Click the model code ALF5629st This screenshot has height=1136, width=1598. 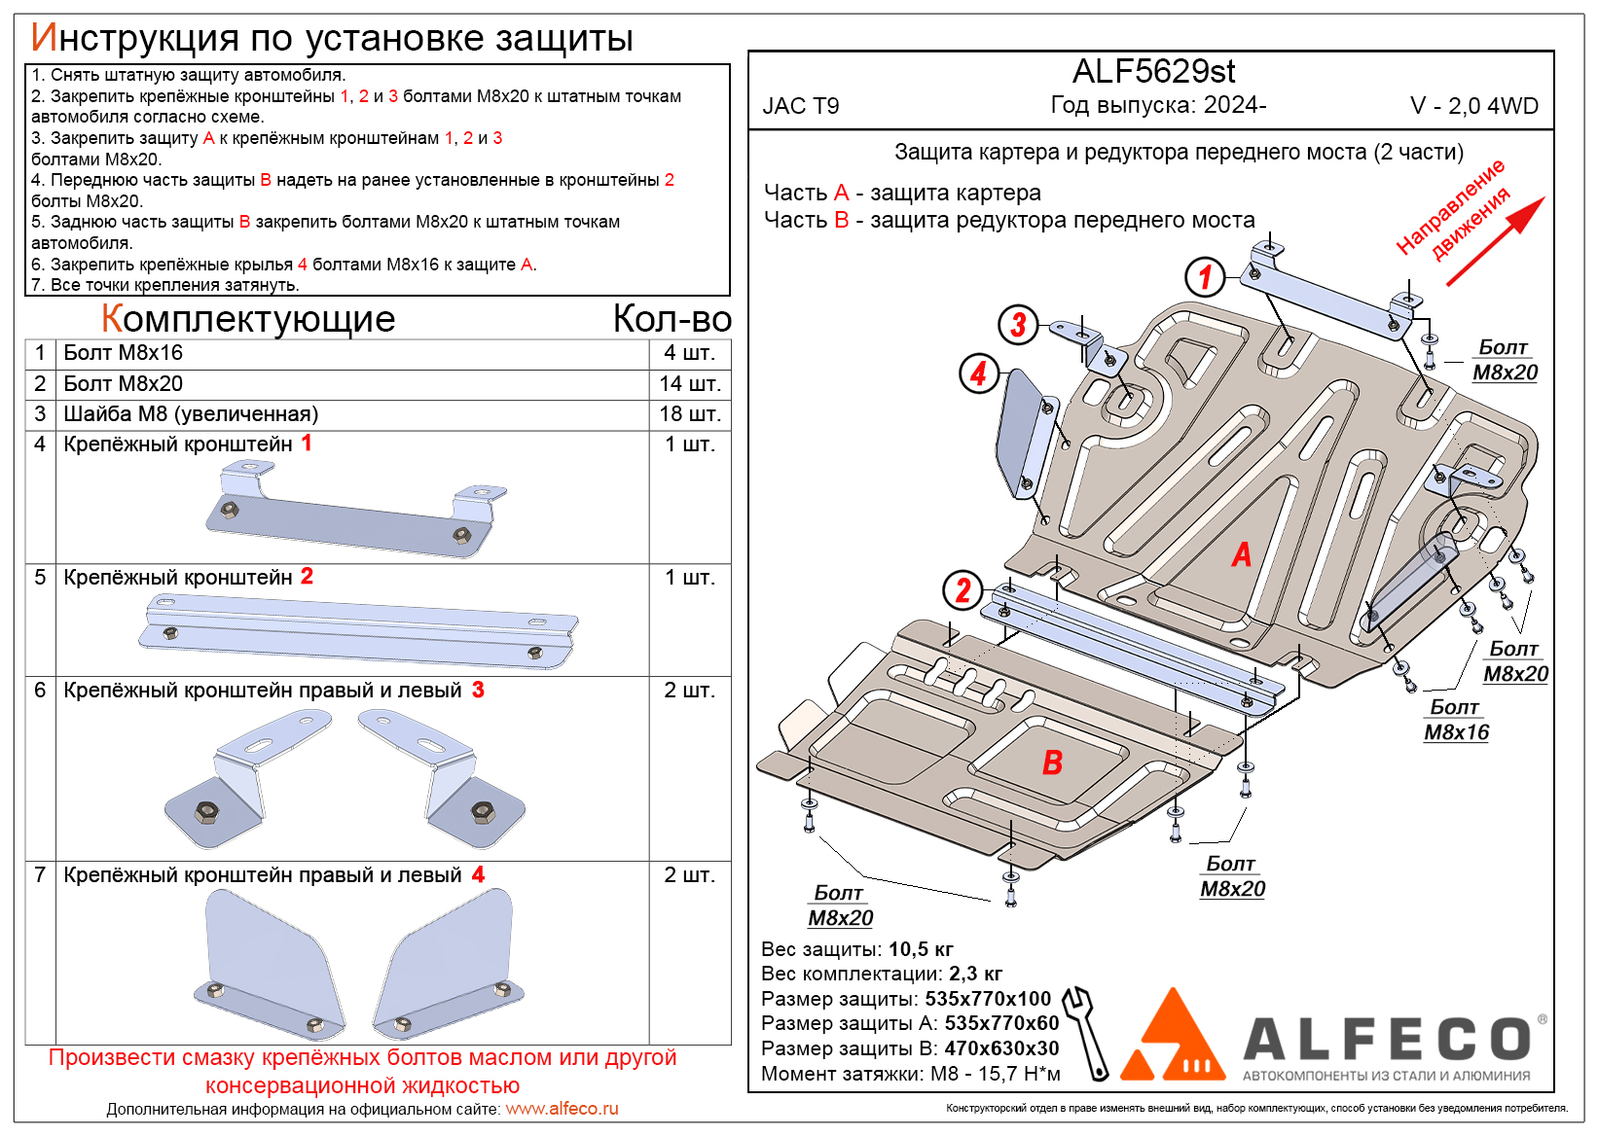click(x=1153, y=72)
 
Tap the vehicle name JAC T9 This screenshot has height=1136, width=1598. click(x=800, y=106)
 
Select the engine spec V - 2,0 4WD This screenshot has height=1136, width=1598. click(x=1473, y=106)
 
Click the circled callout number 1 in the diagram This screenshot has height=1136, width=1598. click(x=1205, y=276)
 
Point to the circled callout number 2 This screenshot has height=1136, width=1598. click(x=962, y=589)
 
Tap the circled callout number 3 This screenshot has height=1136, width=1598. click(x=1018, y=324)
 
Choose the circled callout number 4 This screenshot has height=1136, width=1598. click(x=979, y=373)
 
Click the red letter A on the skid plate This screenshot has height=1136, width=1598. click(x=1241, y=554)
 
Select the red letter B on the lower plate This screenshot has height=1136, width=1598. click(x=1052, y=763)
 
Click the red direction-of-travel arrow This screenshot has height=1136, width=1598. click(x=1496, y=241)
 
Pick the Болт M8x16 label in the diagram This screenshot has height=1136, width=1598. click(x=1456, y=720)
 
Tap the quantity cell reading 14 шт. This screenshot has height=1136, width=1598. click(x=689, y=384)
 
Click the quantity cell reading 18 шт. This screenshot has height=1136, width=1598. click(x=689, y=414)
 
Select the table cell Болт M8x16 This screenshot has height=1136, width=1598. click(x=124, y=353)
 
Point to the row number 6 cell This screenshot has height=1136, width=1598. click(x=40, y=691)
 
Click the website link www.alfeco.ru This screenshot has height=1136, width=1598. click(x=562, y=1109)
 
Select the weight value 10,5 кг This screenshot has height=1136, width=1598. click(x=921, y=949)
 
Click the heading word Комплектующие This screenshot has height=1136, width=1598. click(x=248, y=319)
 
